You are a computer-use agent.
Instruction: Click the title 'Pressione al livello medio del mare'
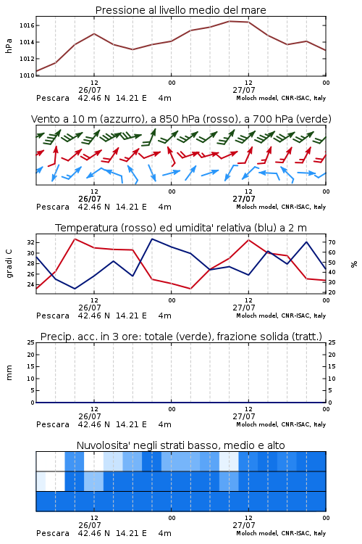pos(180,10)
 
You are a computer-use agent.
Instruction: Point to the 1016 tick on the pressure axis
pos(27,25)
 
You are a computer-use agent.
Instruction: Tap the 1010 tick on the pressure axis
pos(27,75)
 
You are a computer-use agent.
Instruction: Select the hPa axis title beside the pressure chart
pos(9,46)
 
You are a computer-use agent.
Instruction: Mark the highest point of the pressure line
pos(230,21)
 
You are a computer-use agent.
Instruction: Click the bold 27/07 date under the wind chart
pos(244,199)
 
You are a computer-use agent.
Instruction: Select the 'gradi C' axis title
pos(9,263)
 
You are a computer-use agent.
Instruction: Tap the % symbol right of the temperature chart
pos(354,264)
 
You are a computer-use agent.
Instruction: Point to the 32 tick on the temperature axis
pos(31,242)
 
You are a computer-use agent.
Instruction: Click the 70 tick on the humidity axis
pos(332,242)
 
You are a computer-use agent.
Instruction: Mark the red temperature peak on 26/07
pos(75,239)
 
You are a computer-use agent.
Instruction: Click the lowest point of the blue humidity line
pos(75,289)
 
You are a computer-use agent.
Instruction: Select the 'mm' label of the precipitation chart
pos(9,372)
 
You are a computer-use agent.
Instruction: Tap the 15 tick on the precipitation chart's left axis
pos(31,366)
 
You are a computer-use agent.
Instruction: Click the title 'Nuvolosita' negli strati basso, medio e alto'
pos(180,445)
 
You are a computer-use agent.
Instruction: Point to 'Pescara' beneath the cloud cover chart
pos(53,533)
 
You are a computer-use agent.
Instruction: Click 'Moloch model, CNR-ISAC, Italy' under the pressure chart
pos(281,98)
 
